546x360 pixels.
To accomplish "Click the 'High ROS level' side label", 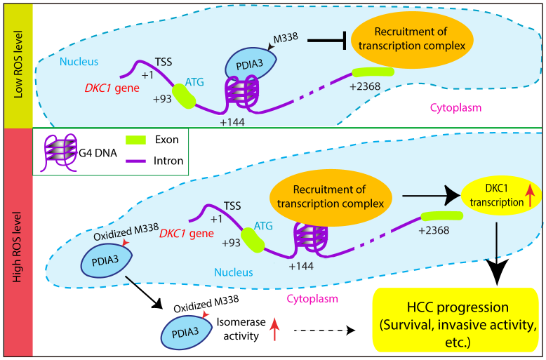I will coord(16,243).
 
